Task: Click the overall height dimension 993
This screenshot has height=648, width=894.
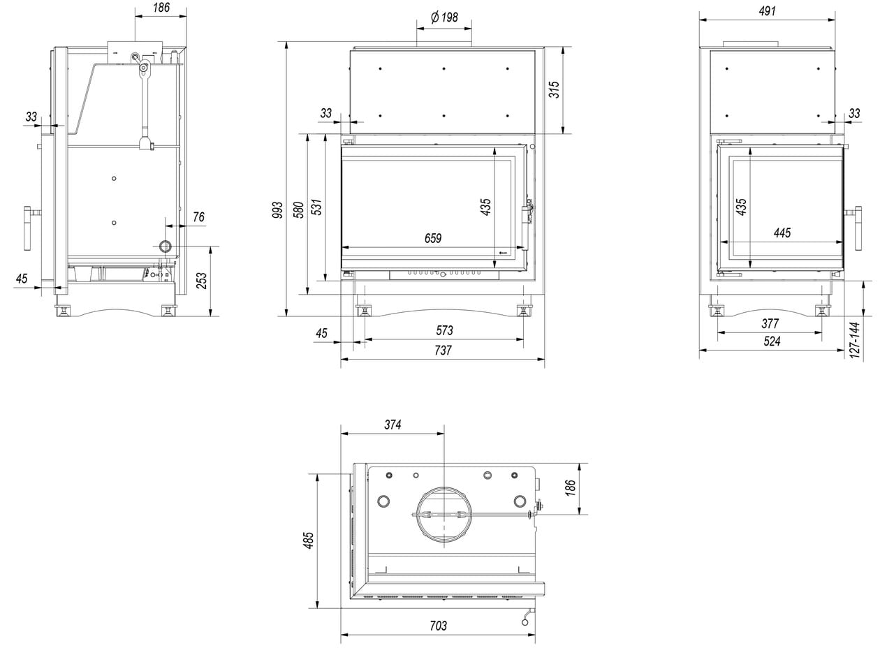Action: tap(277, 210)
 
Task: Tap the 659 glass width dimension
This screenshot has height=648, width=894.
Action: tap(433, 239)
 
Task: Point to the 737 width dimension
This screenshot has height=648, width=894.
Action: tap(443, 351)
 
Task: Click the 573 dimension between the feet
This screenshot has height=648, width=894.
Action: tap(444, 331)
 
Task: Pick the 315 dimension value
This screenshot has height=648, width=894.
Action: tap(554, 89)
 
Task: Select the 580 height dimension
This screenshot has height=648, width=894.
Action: tap(298, 209)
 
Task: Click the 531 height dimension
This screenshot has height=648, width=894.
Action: tap(316, 207)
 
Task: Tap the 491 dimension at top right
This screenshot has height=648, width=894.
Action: tap(766, 11)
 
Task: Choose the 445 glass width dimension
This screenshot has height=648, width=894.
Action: tap(782, 233)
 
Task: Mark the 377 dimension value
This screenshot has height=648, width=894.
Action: tap(770, 324)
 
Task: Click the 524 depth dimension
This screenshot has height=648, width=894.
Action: tap(771, 341)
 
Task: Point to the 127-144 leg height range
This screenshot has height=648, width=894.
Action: tap(856, 339)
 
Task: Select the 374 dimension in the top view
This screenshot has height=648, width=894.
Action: tap(393, 425)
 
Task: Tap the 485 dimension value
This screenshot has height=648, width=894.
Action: tap(309, 540)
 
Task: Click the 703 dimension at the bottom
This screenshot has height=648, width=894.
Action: tap(437, 626)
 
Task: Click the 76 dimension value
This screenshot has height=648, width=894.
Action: tap(198, 217)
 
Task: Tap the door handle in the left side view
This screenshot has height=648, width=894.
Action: tap(29, 228)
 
